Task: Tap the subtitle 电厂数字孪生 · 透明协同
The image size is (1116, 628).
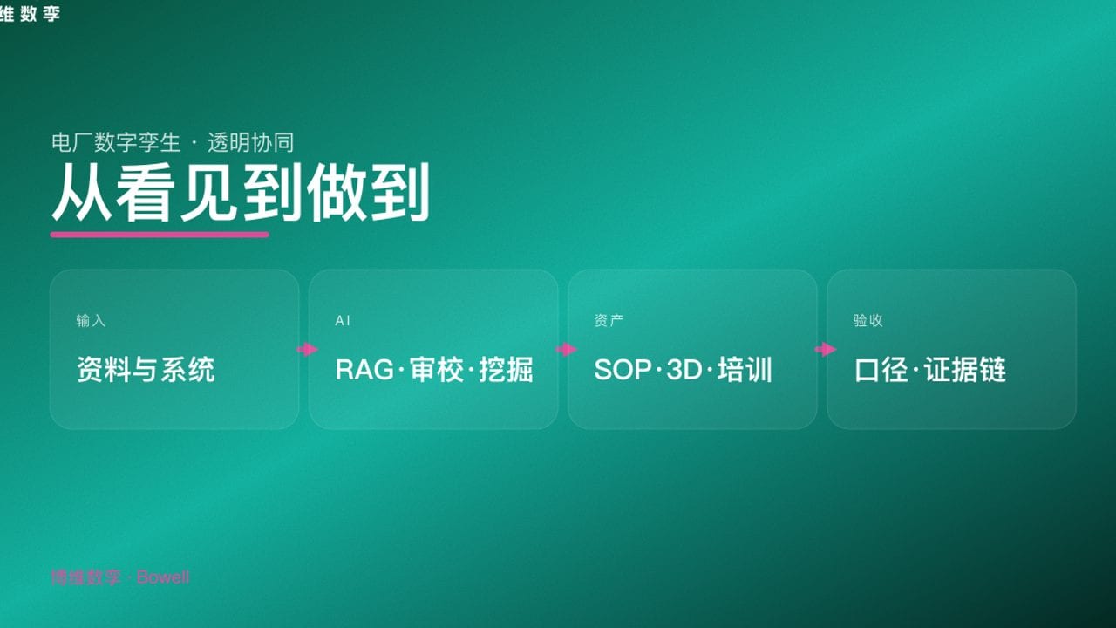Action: pos(173,142)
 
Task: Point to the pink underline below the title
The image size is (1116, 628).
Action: pos(160,234)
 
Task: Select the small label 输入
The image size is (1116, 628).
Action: pos(91,320)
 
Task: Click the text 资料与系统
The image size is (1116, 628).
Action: pos(146,370)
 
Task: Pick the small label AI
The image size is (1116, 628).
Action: pos(343,320)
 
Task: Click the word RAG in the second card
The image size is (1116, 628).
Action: pos(364,370)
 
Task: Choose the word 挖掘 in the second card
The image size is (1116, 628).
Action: pos(507,370)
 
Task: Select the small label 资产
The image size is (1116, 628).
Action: pos(609,320)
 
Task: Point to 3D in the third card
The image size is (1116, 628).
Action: pos(684,370)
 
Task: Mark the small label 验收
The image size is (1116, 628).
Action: pos(868,320)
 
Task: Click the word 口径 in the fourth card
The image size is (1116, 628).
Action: pos(881,370)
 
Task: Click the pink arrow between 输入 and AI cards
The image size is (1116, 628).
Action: pos(307,349)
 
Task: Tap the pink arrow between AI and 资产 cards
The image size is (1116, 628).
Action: pos(566,349)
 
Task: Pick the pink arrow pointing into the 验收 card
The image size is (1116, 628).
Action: pos(825,349)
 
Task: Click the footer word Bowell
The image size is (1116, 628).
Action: pos(163,577)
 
